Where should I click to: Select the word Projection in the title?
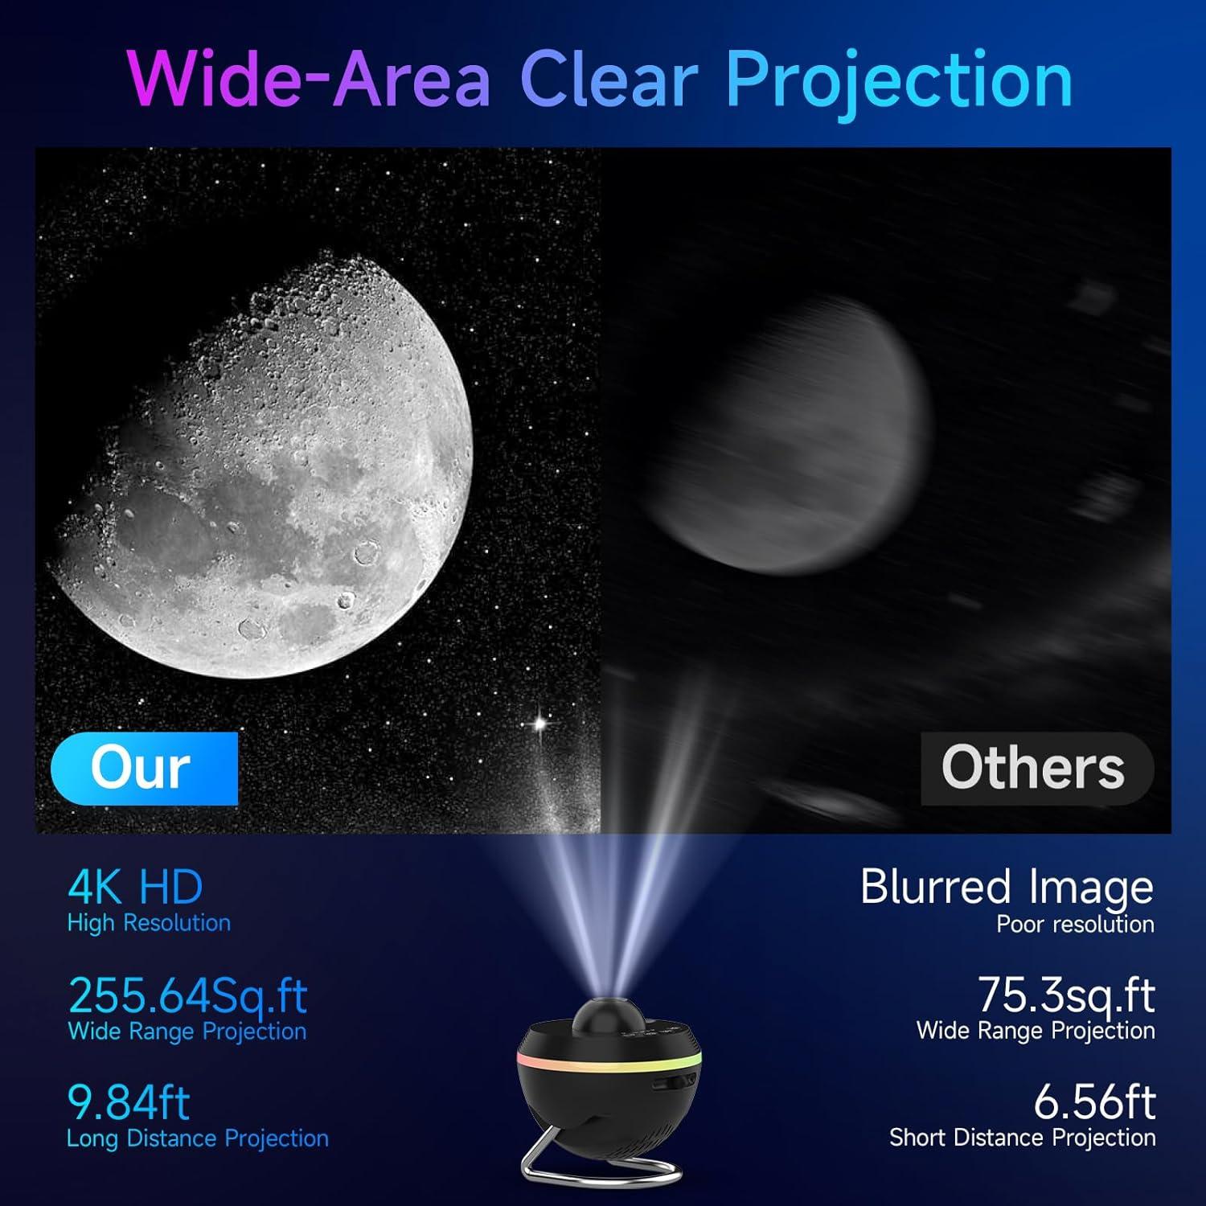point(899,80)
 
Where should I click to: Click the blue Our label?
point(143,768)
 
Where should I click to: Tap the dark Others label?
point(1034,768)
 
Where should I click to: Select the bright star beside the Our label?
point(540,724)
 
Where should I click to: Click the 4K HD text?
point(135,887)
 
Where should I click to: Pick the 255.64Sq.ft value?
point(187,995)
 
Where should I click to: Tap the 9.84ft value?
point(129,1102)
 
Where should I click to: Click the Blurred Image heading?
point(1007,887)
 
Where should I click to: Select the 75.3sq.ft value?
point(1066,995)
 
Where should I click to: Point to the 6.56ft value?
point(1094,1102)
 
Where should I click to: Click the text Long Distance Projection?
point(198,1138)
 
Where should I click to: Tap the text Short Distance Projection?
point(1022,1138)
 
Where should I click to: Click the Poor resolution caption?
point(1075,925)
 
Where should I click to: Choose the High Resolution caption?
point(149,923)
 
